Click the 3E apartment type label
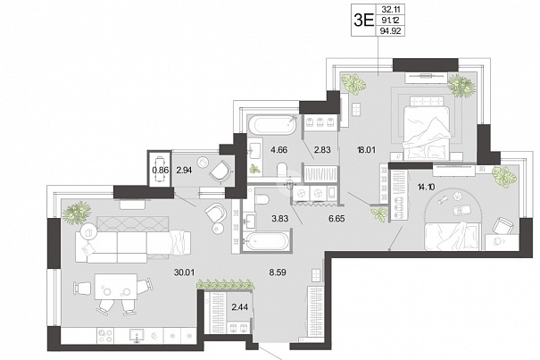click(x=363, y=21)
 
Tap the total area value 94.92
click(x=390, y=31)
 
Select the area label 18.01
click(x=366, y=150)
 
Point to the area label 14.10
click(x=426, y=188)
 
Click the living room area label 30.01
click(x=184, y=272)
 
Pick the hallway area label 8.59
click(x=278, y=272)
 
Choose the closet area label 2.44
click(x=239, y=307)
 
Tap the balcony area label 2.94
click(x=184, y=170)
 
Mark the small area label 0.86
click(x=161, y=170)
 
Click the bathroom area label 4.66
click(x=278, y=150)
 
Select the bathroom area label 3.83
click(x=279, y=218)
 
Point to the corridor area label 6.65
click(x=336, y=218)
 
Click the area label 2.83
click(x=322, y=150)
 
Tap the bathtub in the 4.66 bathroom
click(x=271, y=125)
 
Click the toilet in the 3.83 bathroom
click(x=262, y=199)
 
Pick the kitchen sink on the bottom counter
click(x=137, y=335)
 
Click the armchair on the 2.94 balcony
click(x=220, y=171)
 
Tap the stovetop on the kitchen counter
click(x=105, y=335)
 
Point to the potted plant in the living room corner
click(x=77, y=212)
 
